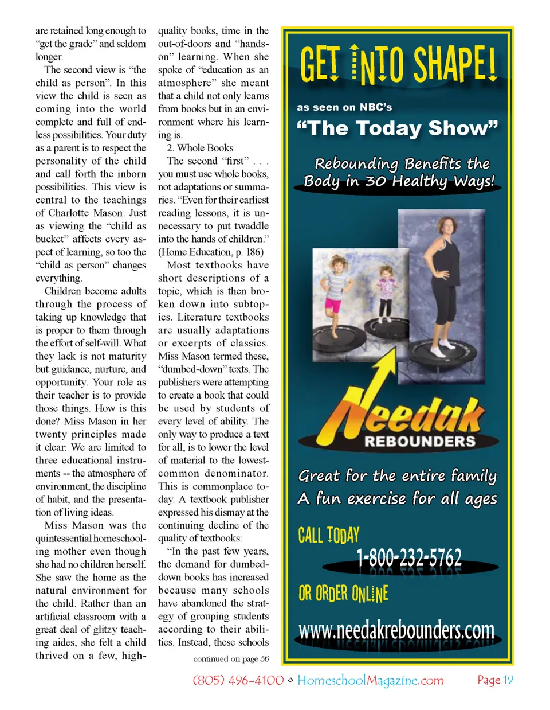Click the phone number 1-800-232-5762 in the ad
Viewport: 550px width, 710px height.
pos(409,557)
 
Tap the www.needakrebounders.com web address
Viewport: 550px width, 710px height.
pos(396,630)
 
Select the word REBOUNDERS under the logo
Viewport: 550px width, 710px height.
pos(420,442)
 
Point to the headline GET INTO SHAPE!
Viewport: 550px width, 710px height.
pos(398,64)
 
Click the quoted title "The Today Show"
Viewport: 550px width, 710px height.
pos(398,128)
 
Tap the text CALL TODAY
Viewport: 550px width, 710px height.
pos(329,535)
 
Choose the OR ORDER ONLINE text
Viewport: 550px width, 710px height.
pos(343,594)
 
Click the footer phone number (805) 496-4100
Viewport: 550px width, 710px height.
pos(238,681)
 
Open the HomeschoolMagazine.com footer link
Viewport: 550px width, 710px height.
pos(371,681)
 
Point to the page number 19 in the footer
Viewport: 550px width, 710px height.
pos(508,680)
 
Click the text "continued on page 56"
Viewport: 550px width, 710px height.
pos(231,659)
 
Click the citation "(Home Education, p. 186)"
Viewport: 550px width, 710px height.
pos(211,252)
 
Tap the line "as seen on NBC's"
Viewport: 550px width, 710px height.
pos(344,107)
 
